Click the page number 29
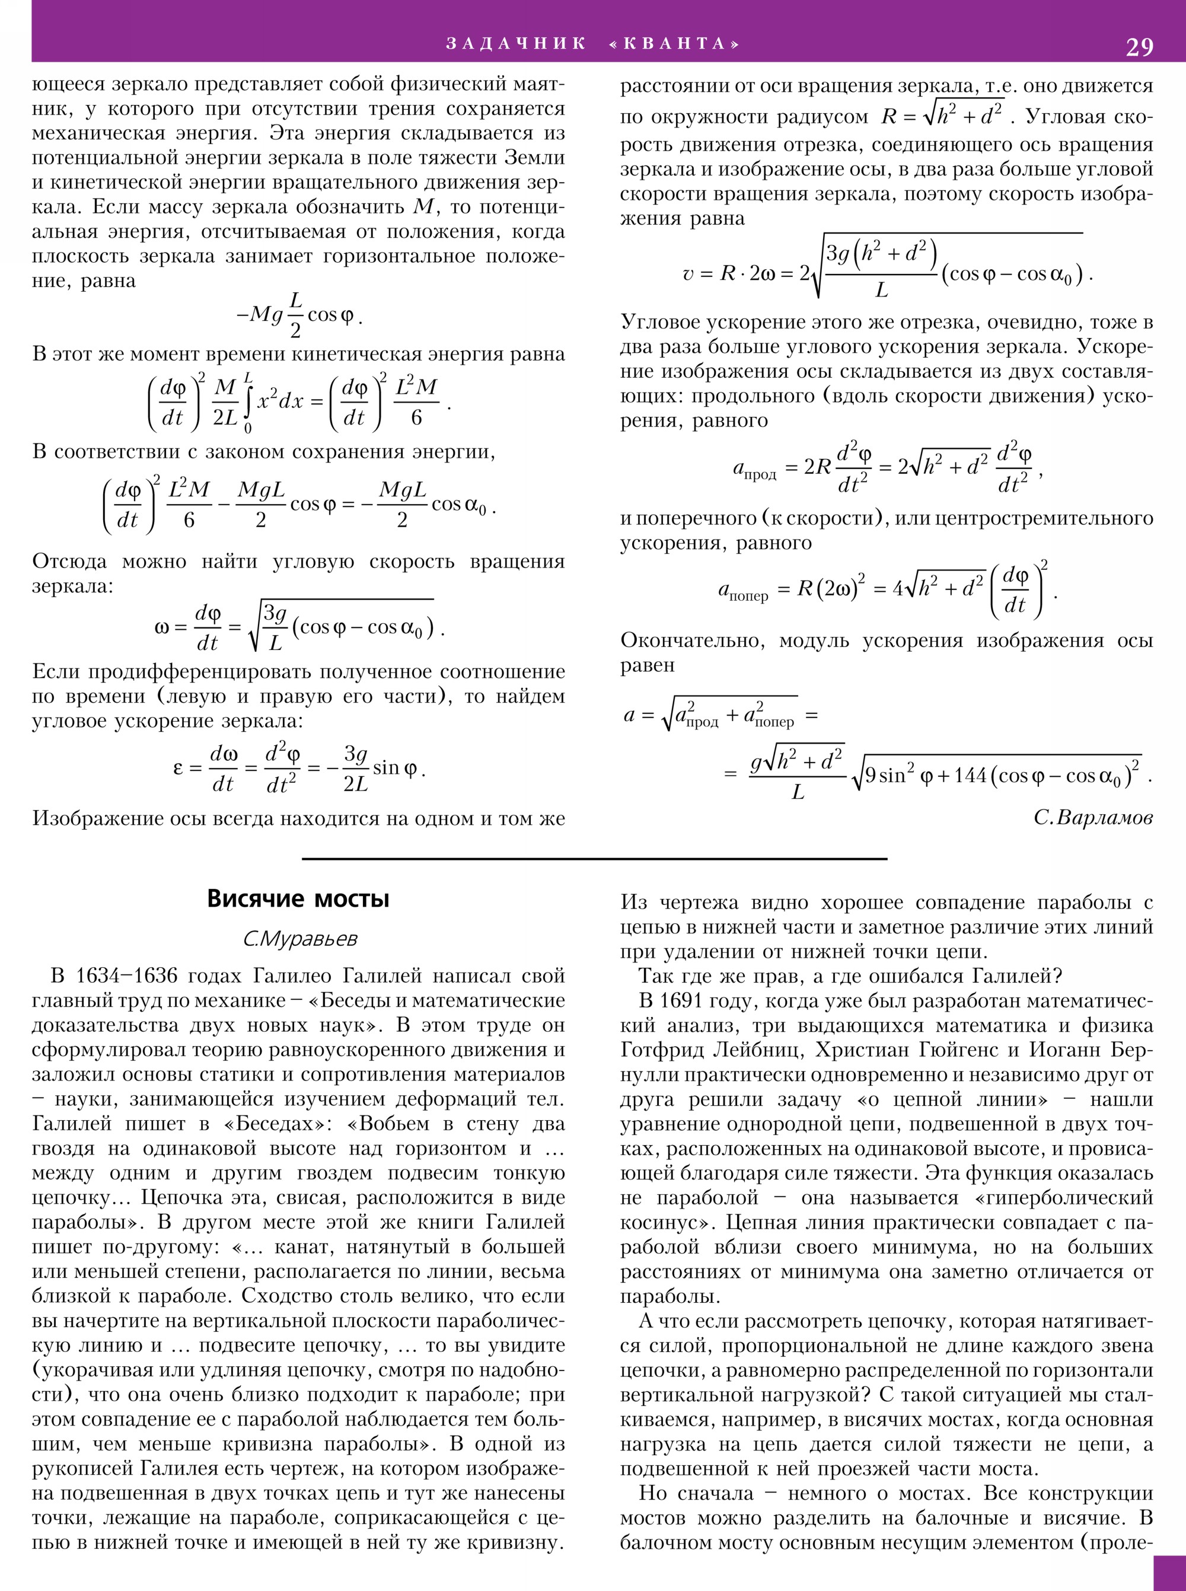point(1139,47)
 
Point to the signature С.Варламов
point(1093,817)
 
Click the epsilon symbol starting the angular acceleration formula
point(178,768)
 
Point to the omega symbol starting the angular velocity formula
point(161,628)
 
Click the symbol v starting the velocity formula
point(688,275)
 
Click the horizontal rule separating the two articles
point(594,858)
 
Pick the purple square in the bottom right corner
point(1169,1573)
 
